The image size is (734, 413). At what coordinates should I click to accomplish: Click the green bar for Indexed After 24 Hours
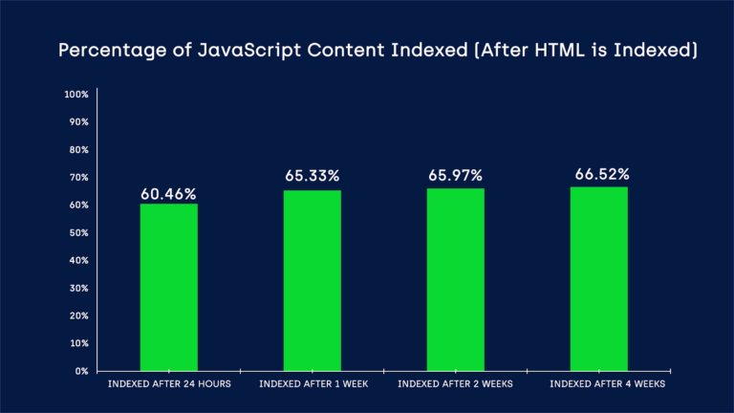point(169,287)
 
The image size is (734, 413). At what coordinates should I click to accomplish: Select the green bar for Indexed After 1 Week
point(313,280)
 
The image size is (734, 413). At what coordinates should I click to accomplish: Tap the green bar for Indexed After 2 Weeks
point(456,279)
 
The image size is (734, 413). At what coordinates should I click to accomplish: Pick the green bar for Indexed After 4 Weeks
point(599,278)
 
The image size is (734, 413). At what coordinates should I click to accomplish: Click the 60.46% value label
point(169,194)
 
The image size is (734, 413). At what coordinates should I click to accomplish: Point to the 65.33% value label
point(313,176)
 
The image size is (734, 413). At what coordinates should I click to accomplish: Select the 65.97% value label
point(456,175)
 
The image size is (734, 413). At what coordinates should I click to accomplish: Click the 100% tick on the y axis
point(76,95)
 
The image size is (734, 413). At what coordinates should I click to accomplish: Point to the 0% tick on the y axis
point(82,371)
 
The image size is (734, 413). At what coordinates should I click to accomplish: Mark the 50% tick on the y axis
point(78,232)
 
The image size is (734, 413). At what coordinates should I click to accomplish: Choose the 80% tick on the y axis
point(78,150)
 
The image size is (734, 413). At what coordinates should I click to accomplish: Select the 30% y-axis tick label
point(78,288)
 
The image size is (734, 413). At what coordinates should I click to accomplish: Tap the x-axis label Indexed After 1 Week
point(313,384)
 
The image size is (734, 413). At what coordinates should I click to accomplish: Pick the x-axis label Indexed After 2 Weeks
point(456,384)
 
